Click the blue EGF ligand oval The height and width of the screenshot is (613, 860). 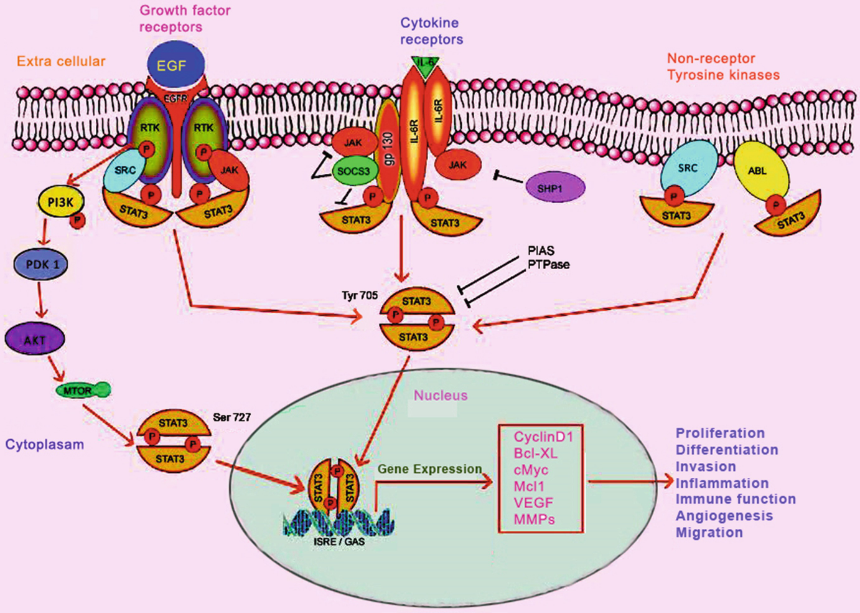175,65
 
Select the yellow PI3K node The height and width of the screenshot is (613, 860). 60,202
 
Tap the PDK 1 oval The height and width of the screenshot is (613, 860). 41,264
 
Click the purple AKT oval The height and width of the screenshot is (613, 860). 35,340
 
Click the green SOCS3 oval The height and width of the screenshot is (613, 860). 354,171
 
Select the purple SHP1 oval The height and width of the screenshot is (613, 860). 551,188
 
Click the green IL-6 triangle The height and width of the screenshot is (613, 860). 426,65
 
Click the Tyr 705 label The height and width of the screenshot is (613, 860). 359,295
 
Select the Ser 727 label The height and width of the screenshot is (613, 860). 231,417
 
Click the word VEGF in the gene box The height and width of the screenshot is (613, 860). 533,503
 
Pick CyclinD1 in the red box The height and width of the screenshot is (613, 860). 543,437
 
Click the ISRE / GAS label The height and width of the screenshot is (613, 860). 339,542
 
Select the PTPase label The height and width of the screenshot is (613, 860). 548,265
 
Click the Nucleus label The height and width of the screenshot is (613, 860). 441,396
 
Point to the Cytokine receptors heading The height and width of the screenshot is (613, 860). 431,31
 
